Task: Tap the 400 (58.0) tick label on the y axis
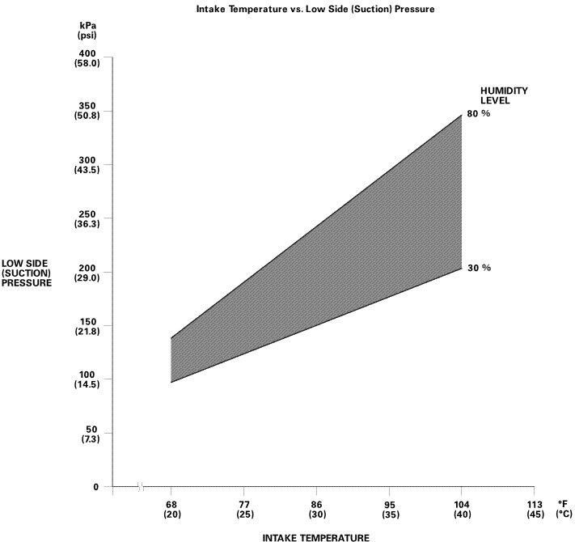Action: pyautogui.click(x=87, y=58)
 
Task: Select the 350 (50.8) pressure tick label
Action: pyautogui.click(x=87, y=112)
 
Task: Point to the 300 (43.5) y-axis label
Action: pyautogui.click(x=87, y=165)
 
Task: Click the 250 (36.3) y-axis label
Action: pyautogui.click(x=87, y=219)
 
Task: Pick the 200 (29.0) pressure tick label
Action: pyautogui.click(x=87, y=273)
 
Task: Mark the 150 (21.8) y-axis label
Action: pyautogui.click(x=87, y=327)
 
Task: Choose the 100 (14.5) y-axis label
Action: pyautogui.click(x=87, y=380)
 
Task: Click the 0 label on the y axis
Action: pyautogui.click(x=95, y=487)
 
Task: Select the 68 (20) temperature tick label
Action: pyautogui.click(x=171, y=507)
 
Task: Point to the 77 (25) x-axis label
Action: pyautogui.click(x=243, y=507)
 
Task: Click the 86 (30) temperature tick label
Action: pyautogui.click(x=316, y=507)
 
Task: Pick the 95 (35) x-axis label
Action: pyautogui.click(x=389, y=507)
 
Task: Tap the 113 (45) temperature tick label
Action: pyautogui.click(x=534, y=507)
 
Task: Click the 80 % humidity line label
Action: pyautogui.click(x=479, y=114)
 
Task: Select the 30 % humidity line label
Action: pyautogui.click(x=479, y=268)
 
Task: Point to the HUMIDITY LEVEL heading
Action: pyautogui.click(x=504, y=95)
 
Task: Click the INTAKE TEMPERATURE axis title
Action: pyautogui.click(x=316, y=537)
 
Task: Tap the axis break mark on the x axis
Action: pyautogui.click(x=141, y=487)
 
